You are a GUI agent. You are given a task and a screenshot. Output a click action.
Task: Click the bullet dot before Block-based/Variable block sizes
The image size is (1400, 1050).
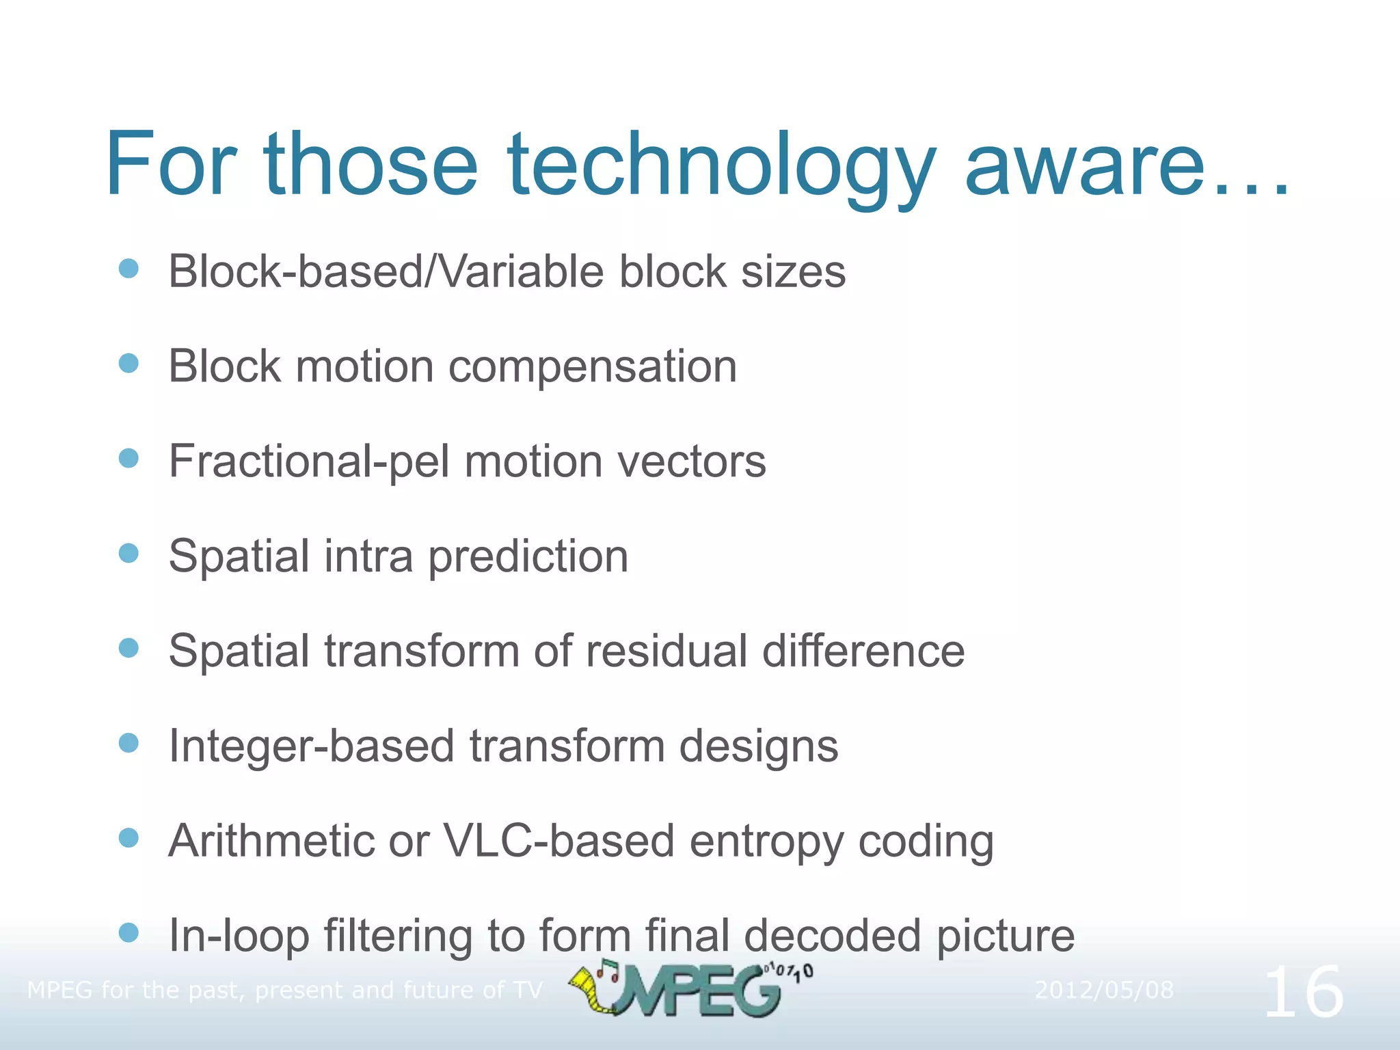[129, 268]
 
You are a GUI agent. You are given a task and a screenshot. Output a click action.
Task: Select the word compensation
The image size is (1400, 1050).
[593, 367]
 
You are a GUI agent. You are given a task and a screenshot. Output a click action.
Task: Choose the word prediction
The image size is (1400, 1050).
[528, 556]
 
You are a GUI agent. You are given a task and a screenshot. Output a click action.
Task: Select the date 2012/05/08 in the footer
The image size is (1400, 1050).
[1103, 990]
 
